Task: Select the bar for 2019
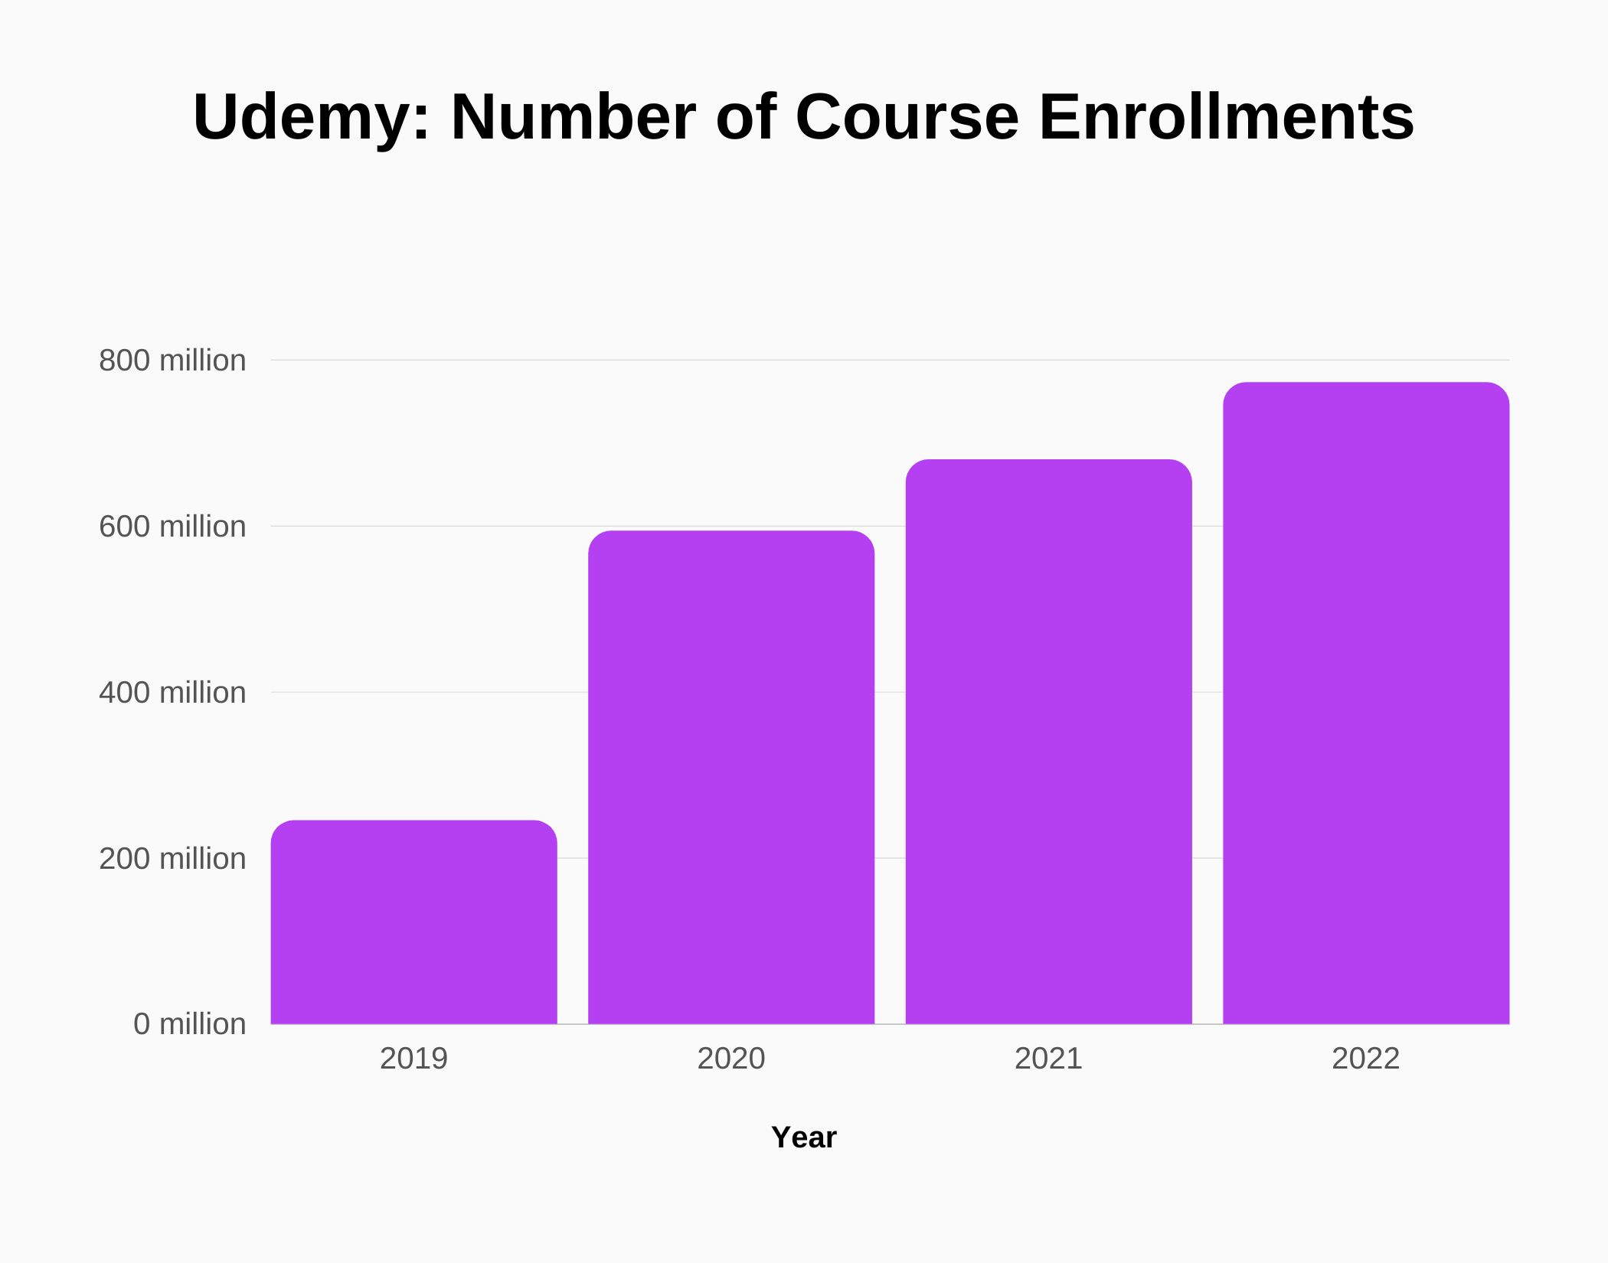[x=413, y=922]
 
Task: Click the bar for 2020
[x=731, y=777]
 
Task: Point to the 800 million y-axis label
[x=172, y=361]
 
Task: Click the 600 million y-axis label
[x=172, y=527]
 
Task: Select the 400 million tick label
[x=172, y=693]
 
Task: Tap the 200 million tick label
[x=172, y=859]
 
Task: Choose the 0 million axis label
[x=189, y=1024]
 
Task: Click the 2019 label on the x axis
[x=413, y=1059]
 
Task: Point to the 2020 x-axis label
[x=731, y=1059]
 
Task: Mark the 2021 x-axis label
[x=1048, y=1059]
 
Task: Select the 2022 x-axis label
[x=1366, y=1059]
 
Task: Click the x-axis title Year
[x=803, y=1137]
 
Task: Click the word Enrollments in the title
[x=1226, y=117]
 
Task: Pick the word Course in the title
[x=907, y=117]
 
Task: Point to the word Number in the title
[x=573, y=117]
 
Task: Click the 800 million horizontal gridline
[x=766, y=360]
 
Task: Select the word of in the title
[x=746, y=117]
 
